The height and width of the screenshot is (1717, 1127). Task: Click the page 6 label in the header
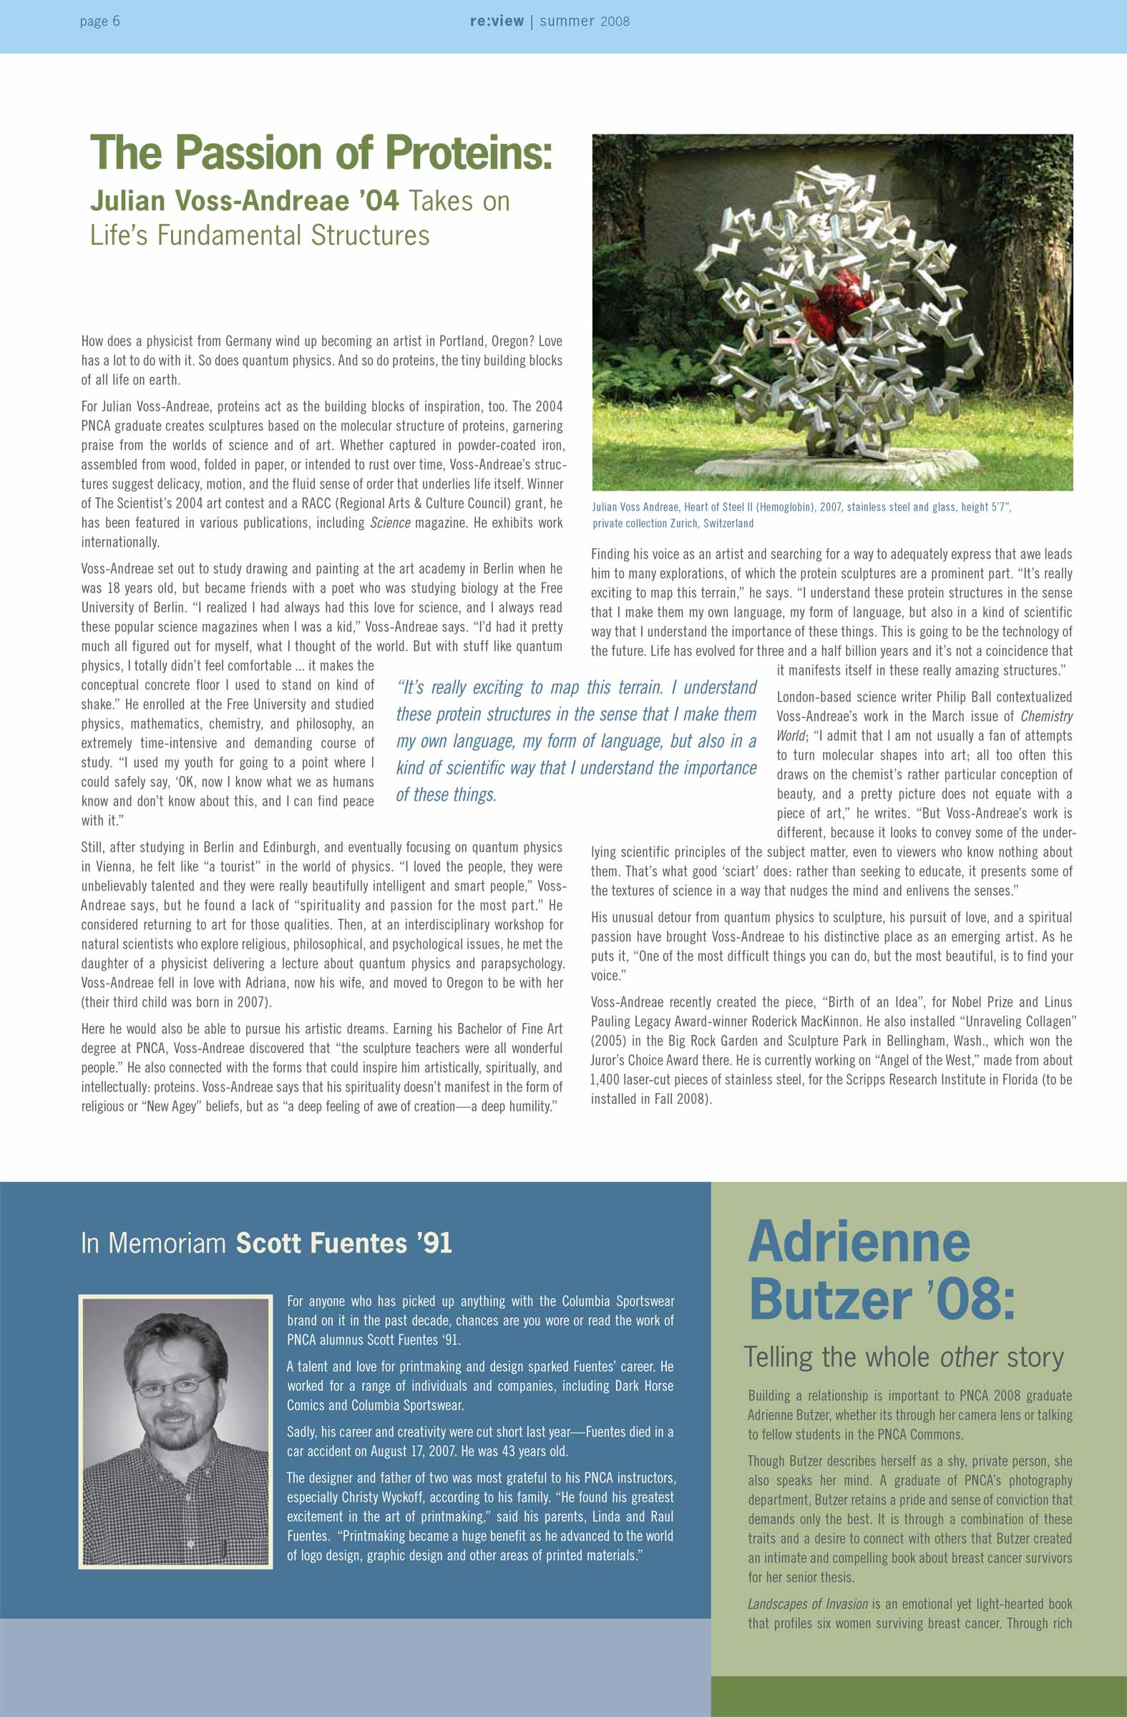(x=99, y=21)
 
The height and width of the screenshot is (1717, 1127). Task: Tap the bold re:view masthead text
(x=497, y=21)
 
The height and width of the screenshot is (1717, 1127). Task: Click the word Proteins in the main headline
(x=468, y=153)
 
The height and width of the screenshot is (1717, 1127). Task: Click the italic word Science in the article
(x=389, y=523)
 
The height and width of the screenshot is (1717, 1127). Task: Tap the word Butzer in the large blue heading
(x=830, y=1299)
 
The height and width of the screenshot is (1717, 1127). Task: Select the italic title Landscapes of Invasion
(x=807, y=1604)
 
